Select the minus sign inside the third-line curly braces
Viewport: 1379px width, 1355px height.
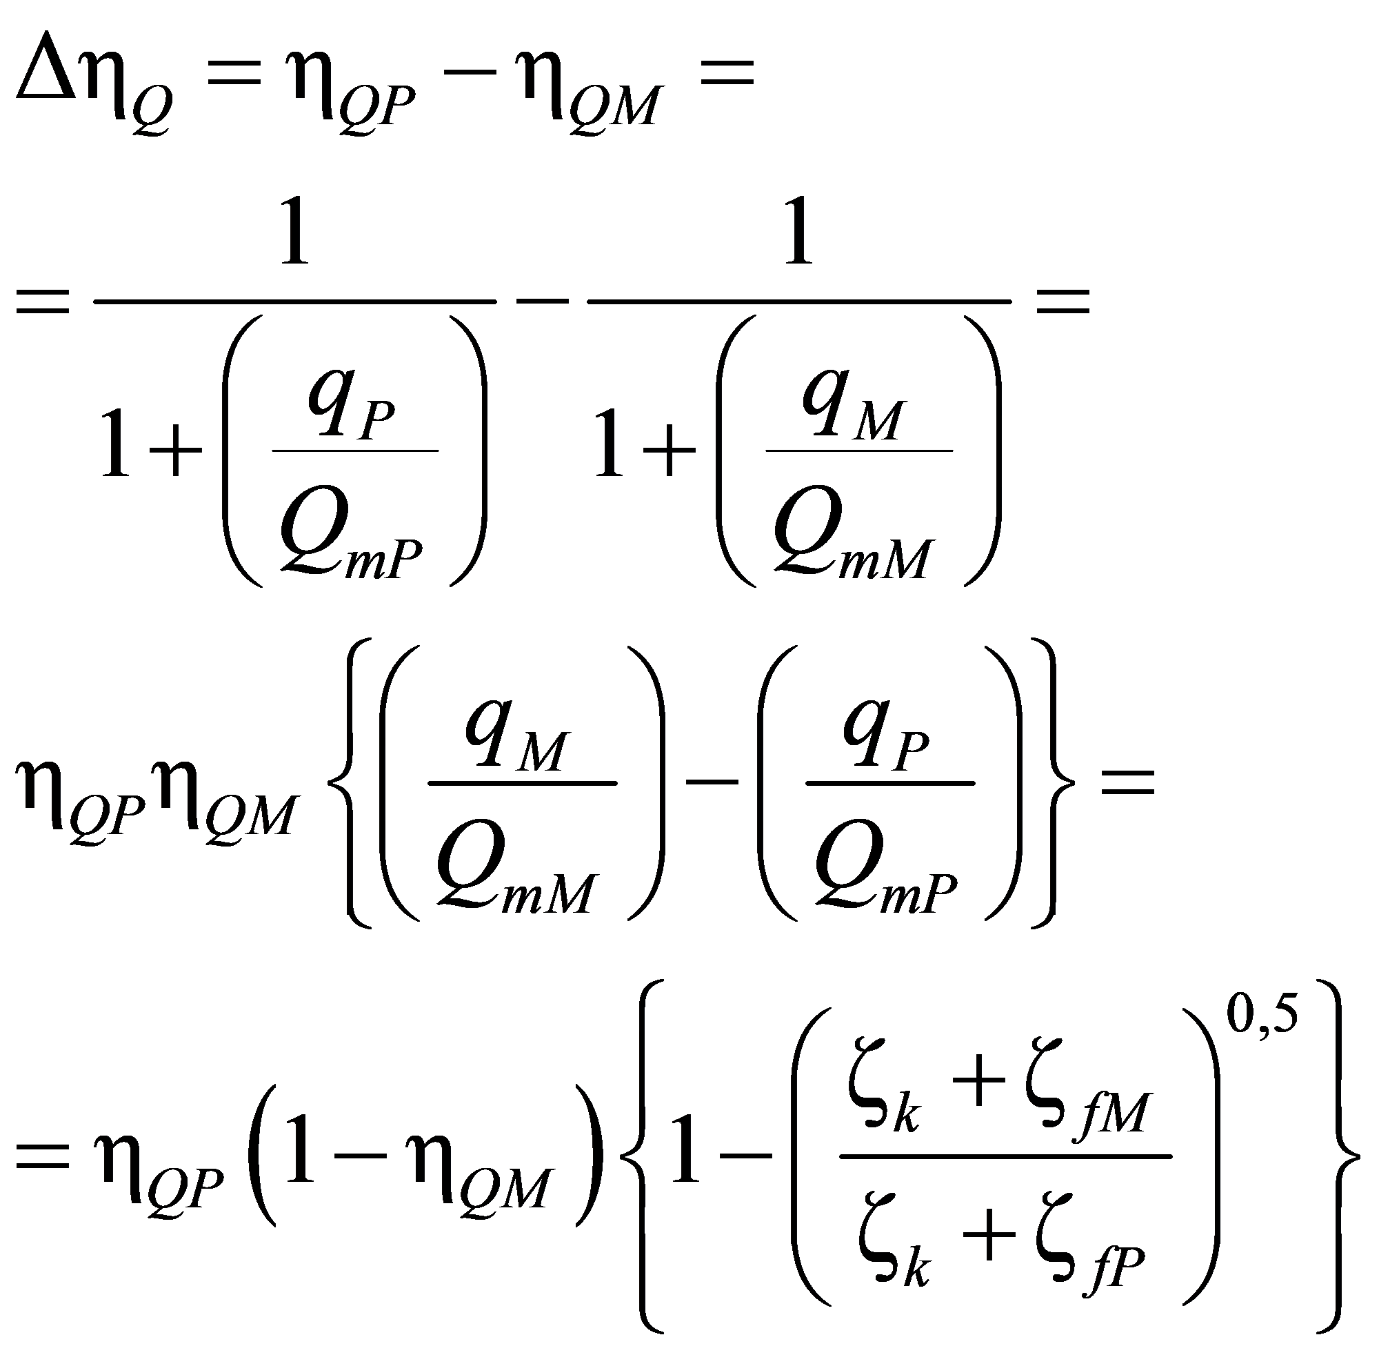point(711,782)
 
